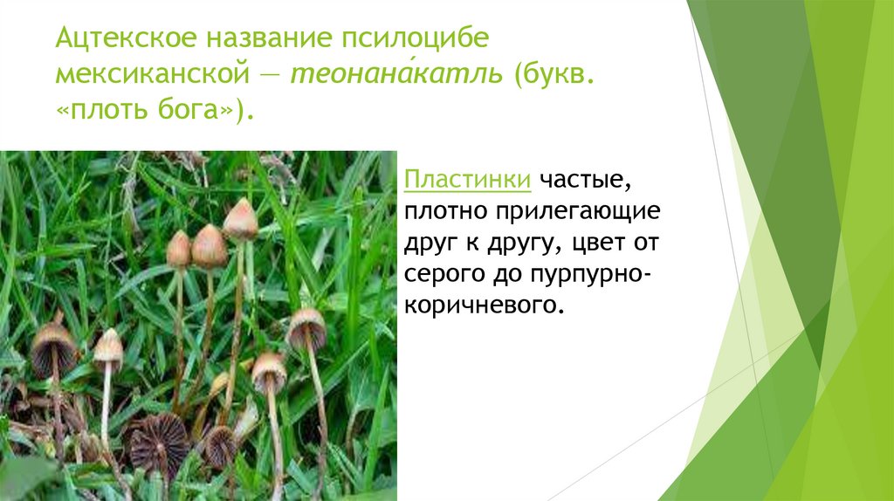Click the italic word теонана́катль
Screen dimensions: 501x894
point(397,75)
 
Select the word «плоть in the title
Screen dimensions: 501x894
point(105,112)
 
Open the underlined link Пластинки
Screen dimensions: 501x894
point(466,181)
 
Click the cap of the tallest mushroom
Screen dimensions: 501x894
point(240,219)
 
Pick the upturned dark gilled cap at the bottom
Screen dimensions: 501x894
point(158,441)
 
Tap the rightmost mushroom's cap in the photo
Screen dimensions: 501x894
point(306,326)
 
